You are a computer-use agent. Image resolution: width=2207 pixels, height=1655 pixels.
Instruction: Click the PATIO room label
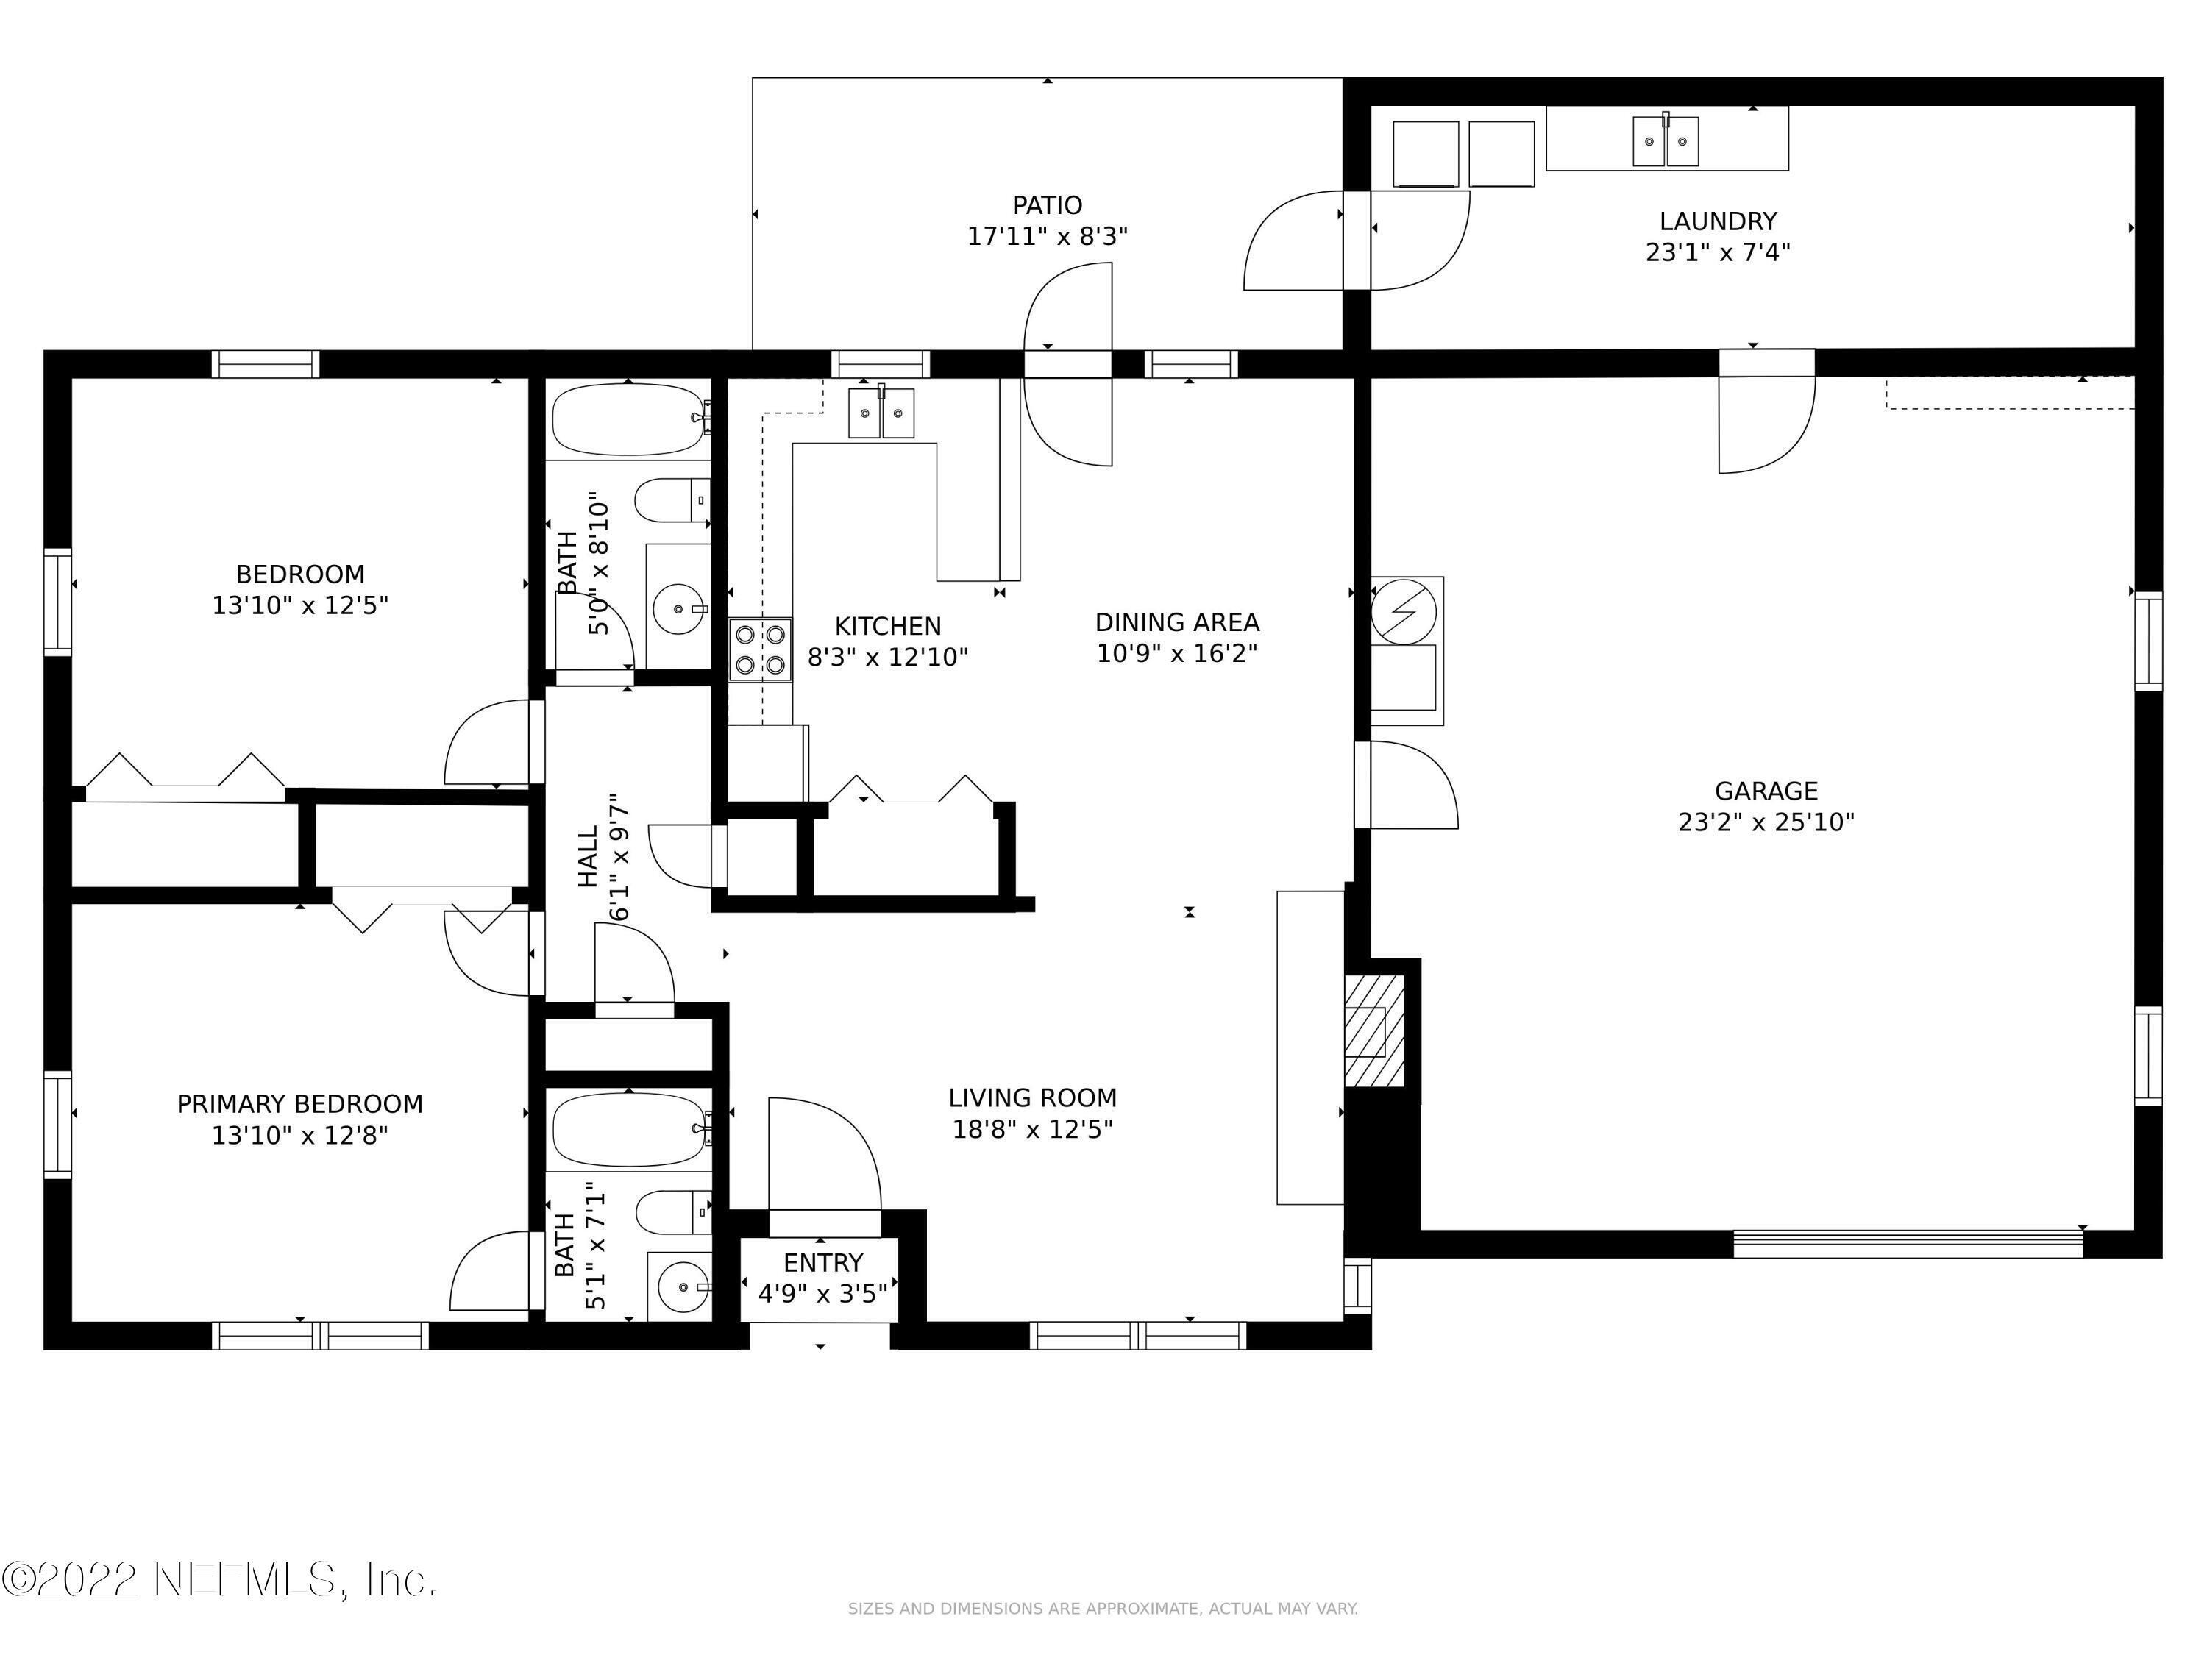point(1047,205)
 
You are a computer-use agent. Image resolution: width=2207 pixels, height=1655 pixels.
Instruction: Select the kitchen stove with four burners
point(760,649)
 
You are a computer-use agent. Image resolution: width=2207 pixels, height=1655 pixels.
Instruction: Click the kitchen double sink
point(881,413)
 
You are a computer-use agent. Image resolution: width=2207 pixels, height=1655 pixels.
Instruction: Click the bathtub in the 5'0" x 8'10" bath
point(628,421)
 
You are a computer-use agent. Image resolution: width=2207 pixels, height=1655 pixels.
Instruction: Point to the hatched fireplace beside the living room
point(1374,1031)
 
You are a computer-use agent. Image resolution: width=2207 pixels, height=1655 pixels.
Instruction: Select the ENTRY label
point(822,1263)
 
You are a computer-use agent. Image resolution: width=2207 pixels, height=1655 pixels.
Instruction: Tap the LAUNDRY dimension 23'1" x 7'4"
point(1717,252)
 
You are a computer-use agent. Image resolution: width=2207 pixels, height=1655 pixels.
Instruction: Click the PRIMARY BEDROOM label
point(299,1103)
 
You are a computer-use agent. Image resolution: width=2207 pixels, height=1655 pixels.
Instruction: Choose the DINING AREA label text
point(1176,622)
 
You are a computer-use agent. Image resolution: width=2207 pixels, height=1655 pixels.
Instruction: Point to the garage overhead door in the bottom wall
point(1907,1243)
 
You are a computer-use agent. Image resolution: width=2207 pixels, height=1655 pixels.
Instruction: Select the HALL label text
point(588,856)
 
